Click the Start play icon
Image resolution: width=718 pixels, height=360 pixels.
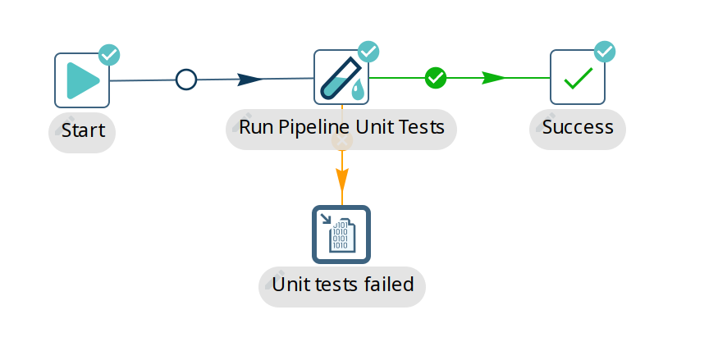click(x=82, y=80)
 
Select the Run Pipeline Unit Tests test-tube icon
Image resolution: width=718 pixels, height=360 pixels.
click(x=341, y=77)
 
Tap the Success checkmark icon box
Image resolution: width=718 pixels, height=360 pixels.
click(x=578, y=78)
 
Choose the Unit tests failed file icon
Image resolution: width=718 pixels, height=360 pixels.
click(x=341, y=234)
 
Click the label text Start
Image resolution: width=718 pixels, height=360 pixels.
click(x=83, y=131)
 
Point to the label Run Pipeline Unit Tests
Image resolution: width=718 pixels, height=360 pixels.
click(x=341, y=128)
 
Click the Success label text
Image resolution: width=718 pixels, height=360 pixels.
click(x=578, y=127)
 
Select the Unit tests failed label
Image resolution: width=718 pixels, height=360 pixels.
click(x=342, y=285)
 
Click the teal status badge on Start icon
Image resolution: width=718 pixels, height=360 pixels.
click(x=109, y=55)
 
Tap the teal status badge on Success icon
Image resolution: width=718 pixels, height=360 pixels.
click(x=605, y=52)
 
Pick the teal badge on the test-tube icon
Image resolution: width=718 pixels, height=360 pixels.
click(x=368, y=52)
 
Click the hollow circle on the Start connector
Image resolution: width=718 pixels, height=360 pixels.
click(x=186, y=80)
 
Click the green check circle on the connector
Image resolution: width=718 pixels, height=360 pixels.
click(x=436, y=78)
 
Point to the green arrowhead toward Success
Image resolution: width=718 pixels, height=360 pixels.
click(x=493, y=78)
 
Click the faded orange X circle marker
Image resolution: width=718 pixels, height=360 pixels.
click(x=342, y=141)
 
